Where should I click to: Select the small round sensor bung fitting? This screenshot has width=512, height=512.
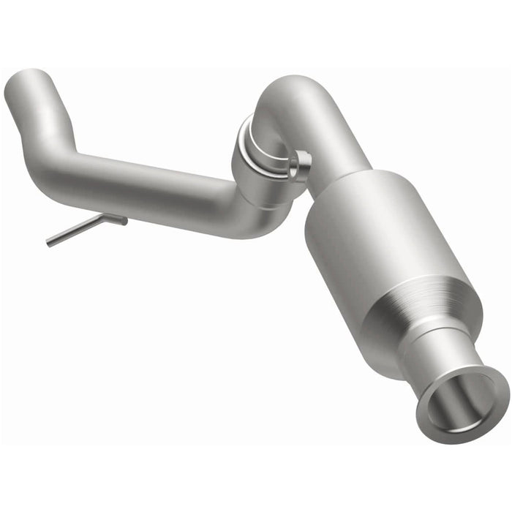(x=299, y=165)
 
